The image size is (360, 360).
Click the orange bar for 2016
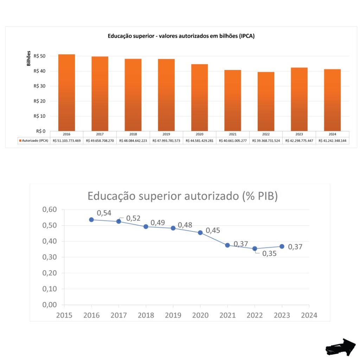pos(66,93)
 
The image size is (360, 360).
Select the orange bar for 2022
pos(266,102)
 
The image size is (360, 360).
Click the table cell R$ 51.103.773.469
pos(66,141)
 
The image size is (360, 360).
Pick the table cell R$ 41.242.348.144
pos(332,141)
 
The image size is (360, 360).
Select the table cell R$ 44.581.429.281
pos(199,141)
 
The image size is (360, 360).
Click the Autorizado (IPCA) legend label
pos(34,141)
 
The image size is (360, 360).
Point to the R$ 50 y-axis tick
pos(39,56)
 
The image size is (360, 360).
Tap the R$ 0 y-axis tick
pos(41,131)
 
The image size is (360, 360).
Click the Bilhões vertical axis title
pos(29,59)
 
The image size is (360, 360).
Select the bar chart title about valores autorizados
pos(181,36)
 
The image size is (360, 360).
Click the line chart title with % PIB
pos(182,196)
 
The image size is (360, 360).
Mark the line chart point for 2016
pos(91,220)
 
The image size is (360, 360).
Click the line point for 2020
pos(200,232)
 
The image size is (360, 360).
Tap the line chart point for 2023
pos(282,246)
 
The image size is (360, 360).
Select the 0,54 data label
pos(104,213)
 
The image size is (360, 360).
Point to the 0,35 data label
pos(269,253)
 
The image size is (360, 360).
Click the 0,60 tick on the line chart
pos(50,210)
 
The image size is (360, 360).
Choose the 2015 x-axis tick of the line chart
pos(64,315)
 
